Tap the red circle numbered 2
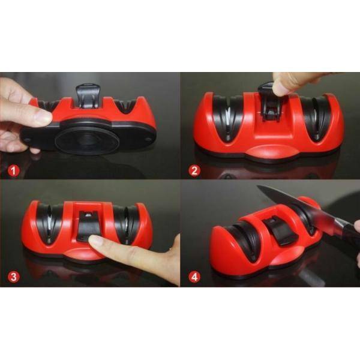pos(194,170)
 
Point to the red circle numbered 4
pos(194,278)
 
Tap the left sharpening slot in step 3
pos(47,223)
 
